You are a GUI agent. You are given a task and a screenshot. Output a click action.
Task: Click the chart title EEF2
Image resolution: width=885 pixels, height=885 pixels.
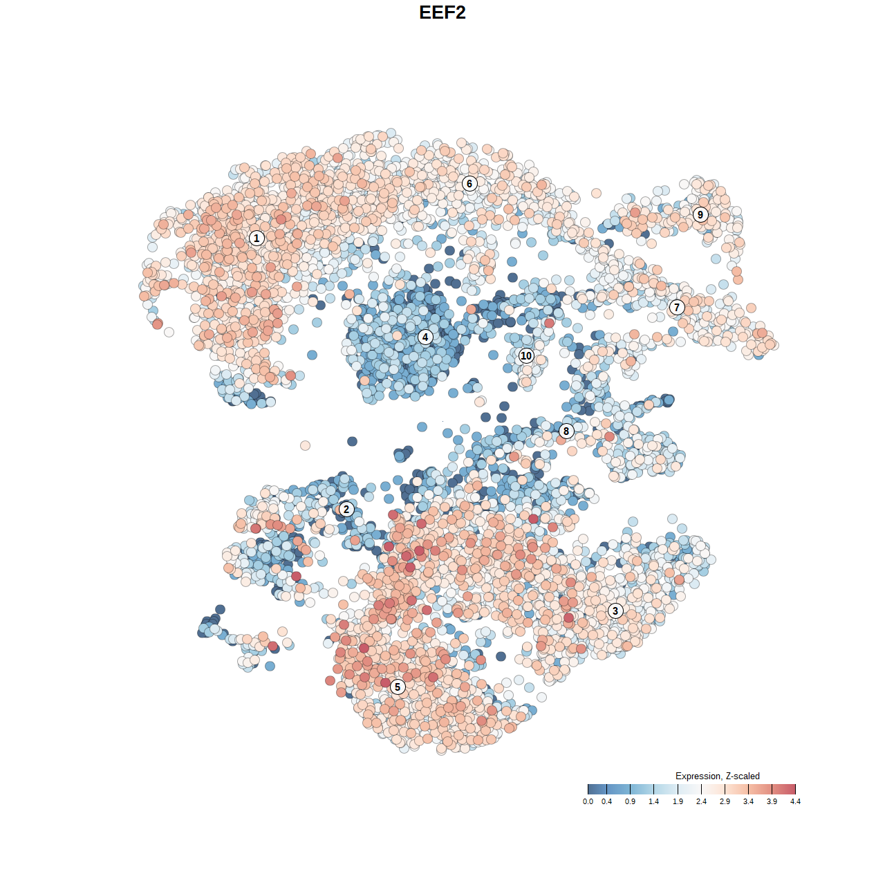pyautogui.click(x=442, y=12)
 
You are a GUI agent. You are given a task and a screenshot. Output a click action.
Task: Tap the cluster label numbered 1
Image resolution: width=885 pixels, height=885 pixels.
pyautogui.click(x=257, y=239)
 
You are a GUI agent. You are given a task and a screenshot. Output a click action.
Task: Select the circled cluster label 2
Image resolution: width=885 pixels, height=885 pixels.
pyautogui.click(x=346, y=510)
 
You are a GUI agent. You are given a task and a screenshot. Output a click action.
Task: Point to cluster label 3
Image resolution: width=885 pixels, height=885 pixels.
pyautogui.click(x=615, y=611)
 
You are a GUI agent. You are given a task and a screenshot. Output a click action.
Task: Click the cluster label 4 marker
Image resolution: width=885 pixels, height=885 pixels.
pyautogui.click(x=425, y=337)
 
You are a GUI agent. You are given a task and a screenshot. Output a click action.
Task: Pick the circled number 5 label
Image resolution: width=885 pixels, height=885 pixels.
pyautogui.click(x=398, y=687)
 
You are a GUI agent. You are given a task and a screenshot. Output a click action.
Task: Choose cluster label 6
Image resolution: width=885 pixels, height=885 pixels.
pyautogui.click(x=469, y=183)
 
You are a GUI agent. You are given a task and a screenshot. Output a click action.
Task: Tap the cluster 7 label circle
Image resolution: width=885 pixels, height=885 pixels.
pyautogui.click(x=677, y=308)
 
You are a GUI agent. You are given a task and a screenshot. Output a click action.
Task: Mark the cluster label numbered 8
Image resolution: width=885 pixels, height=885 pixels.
pyautogui.click(x=566, y=431)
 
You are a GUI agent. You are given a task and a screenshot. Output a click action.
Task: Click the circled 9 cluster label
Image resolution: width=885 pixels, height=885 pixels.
pyautogui.click(x=700, y=214)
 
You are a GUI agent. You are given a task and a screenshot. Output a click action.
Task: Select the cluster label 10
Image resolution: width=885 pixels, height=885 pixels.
pyautogui.click(x=526, y=356)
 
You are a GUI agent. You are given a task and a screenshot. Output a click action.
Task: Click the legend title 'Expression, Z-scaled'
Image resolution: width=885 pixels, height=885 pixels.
pyautogui.click(x=718, y=776)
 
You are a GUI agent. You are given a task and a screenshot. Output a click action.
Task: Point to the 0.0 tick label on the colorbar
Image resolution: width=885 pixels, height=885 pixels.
pyautogui.click(x=588, y=802)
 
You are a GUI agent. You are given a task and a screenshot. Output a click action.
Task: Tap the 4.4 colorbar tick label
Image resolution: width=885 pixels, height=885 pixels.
pyautogui.click(x=795, y=802)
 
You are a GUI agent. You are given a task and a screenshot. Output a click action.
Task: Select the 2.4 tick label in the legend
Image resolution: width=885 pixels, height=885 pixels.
pyautogui.click(x=701, y=802)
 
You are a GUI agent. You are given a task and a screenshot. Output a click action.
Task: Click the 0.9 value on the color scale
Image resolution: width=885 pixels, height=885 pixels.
pyautogui.click(x=631, y=802)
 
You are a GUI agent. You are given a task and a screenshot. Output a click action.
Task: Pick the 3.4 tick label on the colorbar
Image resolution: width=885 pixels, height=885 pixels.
pyautogui.click(x=748, y=802)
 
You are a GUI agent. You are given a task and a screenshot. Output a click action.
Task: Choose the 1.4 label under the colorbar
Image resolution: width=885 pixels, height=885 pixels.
pyautogui.click(x=654, y=802)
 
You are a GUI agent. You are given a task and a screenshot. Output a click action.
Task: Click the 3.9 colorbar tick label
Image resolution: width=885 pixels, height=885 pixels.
pyautogui.click(x=772, y=802)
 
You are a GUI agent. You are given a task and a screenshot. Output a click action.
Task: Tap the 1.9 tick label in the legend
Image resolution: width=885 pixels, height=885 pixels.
pyautogui.click(x=678, y=802)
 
